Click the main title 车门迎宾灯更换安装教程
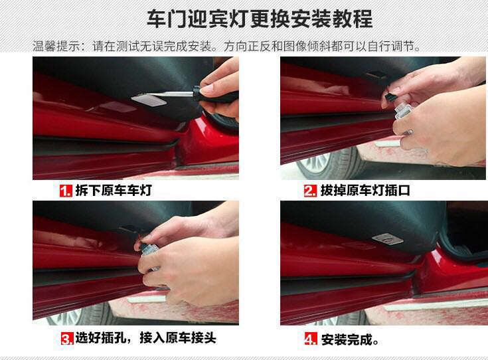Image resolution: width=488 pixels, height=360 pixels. tap(259, 19)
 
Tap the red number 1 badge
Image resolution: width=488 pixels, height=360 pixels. tap(66, 191)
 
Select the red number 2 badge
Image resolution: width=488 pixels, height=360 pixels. tap(310, 191)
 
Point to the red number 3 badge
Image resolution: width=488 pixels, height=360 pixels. tap(67, 339)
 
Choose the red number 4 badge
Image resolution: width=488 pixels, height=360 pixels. tap(311, 339)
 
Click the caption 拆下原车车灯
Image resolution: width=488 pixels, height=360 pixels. tap(114, 191)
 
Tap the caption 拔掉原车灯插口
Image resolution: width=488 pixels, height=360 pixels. tap(365, 191)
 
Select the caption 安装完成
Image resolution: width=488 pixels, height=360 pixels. tap(350, 339)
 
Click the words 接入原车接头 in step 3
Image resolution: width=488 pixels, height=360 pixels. tap(178, 338)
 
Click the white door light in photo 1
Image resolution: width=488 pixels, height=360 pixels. tap(149, 100)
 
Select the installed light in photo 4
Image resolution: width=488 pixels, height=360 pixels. tap(388, 239)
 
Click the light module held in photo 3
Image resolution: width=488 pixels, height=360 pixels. tap(150, 252)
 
